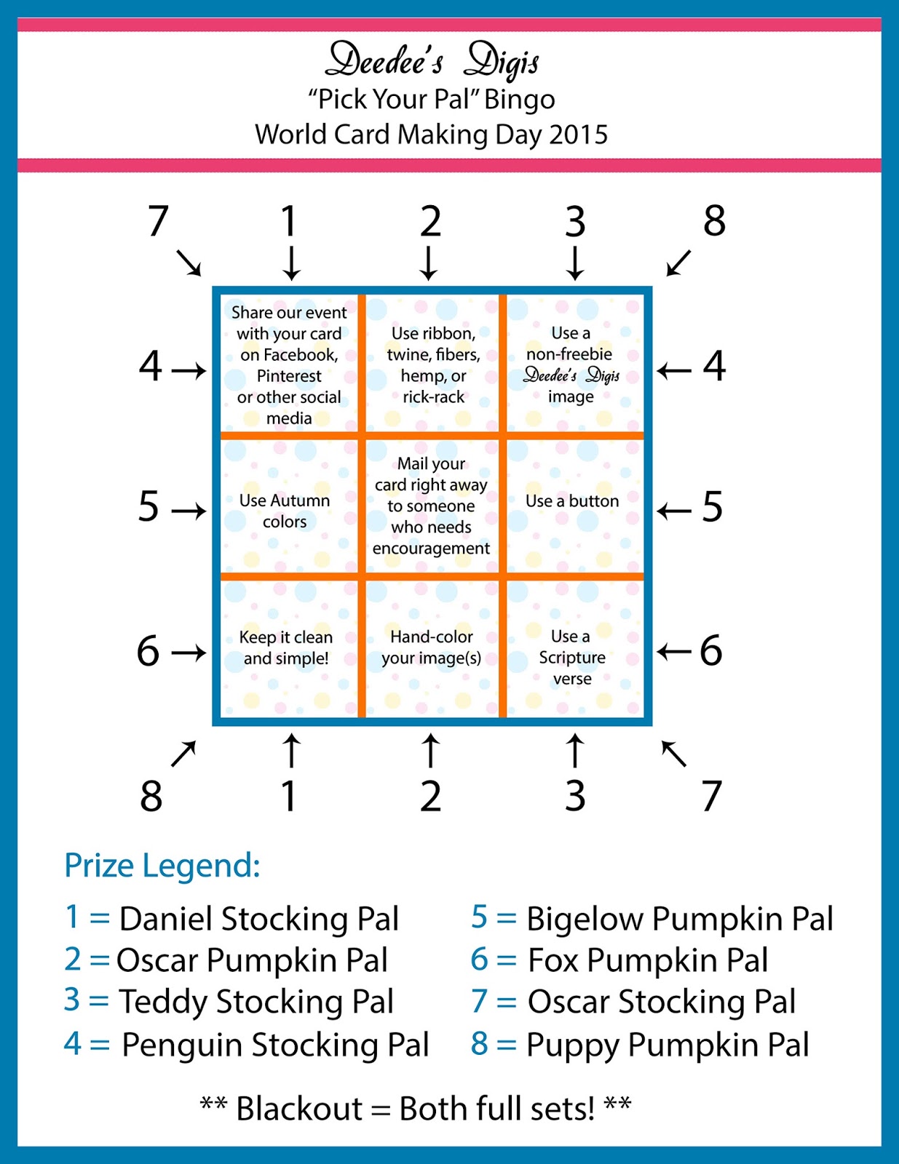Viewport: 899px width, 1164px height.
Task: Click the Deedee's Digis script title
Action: click(x=432, y=60)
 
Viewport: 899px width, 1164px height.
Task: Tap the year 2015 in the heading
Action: click(x=578, y=135)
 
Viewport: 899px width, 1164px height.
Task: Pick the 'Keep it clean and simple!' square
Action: click(x=286, y=647)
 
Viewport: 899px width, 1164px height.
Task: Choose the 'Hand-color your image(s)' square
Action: click(x=432, y=647)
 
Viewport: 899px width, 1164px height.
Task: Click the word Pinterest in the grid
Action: click(x=289, y=376)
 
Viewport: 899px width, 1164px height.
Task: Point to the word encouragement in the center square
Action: click(x=431, y=549)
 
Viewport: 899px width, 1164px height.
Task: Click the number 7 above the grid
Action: click(x=158, y=221)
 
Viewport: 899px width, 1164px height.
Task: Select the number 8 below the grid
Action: click(x=151, y=796)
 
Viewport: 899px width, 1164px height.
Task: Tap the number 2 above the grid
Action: click(x=430, y=221)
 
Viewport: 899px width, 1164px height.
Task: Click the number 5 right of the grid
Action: click(x=712, y=507)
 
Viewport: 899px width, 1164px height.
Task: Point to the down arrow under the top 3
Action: click(x=575, y=263)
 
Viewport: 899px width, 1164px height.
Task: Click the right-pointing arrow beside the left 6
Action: click(x=189, y=653)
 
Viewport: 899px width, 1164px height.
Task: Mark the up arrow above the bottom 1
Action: click(x=291, y=751)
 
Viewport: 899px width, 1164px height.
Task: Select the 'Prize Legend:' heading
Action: click(x=162, y=866)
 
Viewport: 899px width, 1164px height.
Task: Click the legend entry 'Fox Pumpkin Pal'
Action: click(x=647, y=960)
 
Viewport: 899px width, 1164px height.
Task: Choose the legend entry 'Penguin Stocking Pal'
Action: click(x=275, y=1045)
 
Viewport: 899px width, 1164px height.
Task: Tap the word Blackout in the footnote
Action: click(x=299, y=1109)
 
